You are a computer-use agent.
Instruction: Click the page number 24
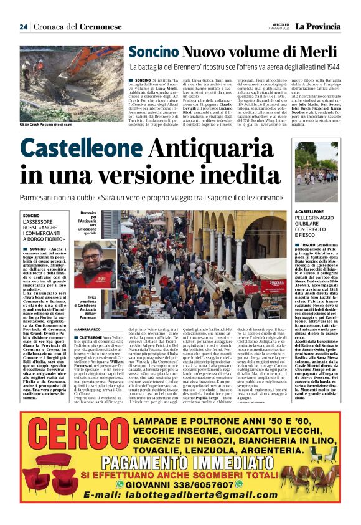pyautogui.click(x=23, y=27)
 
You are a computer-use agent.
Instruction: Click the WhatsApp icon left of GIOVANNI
pyautogui.click(x=121, y=484)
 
